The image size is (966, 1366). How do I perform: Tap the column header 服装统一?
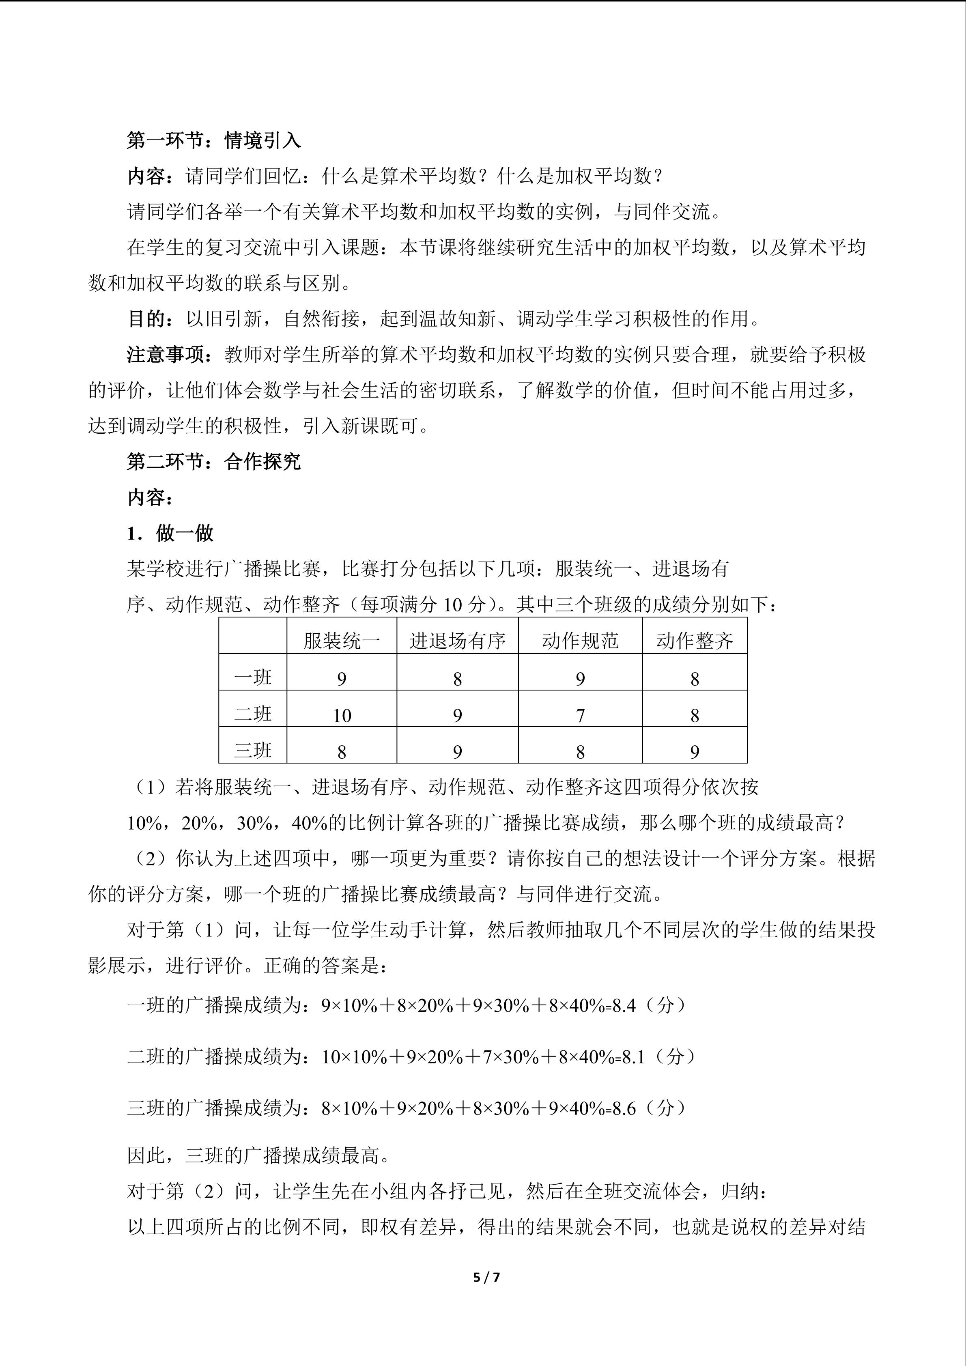[342, 641]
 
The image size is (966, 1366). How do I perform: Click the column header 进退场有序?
[457, 641]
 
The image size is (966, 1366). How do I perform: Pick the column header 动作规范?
[580, 641]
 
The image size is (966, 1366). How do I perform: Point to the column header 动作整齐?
[694, 641]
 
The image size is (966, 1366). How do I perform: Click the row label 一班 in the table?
[253, 678]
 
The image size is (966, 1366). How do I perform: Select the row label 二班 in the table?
[253, 714]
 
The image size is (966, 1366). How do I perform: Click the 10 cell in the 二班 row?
[342, 715]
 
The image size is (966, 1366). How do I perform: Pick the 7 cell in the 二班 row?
[580, 715]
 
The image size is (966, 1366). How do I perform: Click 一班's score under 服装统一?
[342, 679]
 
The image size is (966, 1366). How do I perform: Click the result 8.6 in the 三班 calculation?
[624, 1108]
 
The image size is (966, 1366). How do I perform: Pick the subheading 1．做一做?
[170, 533]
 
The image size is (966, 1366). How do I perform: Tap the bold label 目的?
[146, 319]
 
